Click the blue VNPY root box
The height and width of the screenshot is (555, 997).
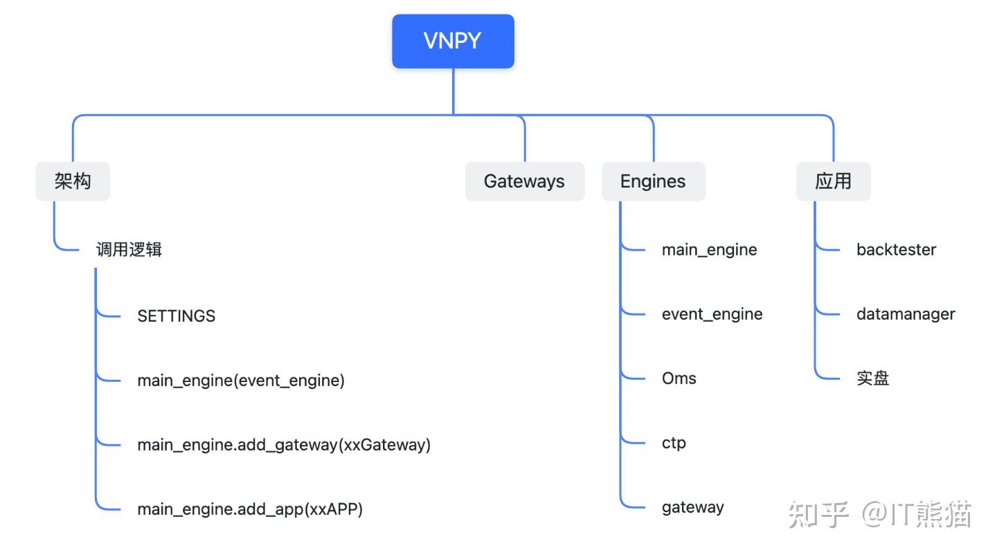pyautogui.click(x=453, y=42)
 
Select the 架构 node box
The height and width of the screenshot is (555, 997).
pyautogui.click(x=73, y=181)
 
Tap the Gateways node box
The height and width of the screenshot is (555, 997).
pyautogui.click(x=524, y=181)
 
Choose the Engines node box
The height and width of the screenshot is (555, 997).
pyautogui.click(x=653, y=181)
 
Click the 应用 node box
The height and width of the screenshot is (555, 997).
pyautogui.click(x=833, y=181)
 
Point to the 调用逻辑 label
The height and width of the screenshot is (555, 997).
pyautogui.click(x=129, y=249)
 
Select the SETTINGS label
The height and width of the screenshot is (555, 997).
pyautogui.click(x=176, y=316)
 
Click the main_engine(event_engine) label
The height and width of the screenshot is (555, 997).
pyautogui.click(x=240, y=381)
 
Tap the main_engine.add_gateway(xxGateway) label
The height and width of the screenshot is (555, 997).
pyautogui.click(x=284, y=445)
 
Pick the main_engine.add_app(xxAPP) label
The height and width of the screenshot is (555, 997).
pyautogui.click(x=250, y=509)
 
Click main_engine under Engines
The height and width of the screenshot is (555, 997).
pyautogui.click(x=709, y=250)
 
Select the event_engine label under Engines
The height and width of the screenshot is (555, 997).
pyautogui.click(x=712, y=314)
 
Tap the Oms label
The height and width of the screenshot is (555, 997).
pyautogui.click(x=679, y=379)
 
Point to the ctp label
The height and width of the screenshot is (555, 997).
pyautogui.click(x=674, y=443)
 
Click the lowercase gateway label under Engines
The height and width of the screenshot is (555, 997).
pyautogui.click(x=692, y=507)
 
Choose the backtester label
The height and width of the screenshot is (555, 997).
pyautogui.click(x=896, y=250)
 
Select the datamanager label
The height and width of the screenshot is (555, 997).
pyautogui.click(x=905, y=314)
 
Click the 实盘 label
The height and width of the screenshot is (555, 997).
pyautogui.click(x=872, y=379)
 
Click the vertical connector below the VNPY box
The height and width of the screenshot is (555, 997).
pyautogui.click(x=453, y=91)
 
